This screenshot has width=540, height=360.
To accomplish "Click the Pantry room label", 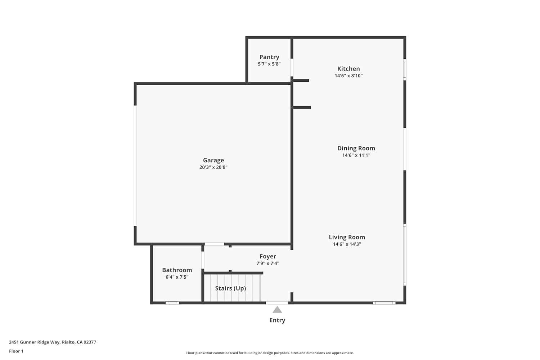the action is coord(269,57).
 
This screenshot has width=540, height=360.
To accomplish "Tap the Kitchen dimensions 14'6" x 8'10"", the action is coord(348,76).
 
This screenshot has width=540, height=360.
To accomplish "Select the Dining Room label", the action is coord(356,148).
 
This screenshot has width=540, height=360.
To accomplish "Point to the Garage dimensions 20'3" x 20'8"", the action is coord(213,167).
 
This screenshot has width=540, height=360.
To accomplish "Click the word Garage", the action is coord(213,160).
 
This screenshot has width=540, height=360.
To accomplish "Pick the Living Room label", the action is coord(347,237).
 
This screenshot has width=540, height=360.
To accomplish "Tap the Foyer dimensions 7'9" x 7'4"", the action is coord(267,263).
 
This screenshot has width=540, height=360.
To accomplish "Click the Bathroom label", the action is coord(177,270).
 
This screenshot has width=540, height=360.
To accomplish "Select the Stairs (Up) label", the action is coord(230,288).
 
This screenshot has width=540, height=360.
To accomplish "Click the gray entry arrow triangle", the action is coord(277,310).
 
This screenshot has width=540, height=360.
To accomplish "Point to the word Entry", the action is coord(277,320).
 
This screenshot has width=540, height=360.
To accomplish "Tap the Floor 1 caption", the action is coord(16,351).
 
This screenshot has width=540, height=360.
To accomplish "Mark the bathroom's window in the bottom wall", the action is coord(172,303).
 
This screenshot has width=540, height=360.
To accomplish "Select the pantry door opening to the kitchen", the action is coord(292,68).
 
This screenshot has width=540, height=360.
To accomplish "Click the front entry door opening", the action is coord(277,303).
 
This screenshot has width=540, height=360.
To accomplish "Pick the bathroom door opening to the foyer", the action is coord(203,260).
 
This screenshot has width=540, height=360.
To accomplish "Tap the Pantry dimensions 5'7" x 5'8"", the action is coord(269,64).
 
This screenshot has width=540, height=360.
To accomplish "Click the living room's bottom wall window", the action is coord(384,303).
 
